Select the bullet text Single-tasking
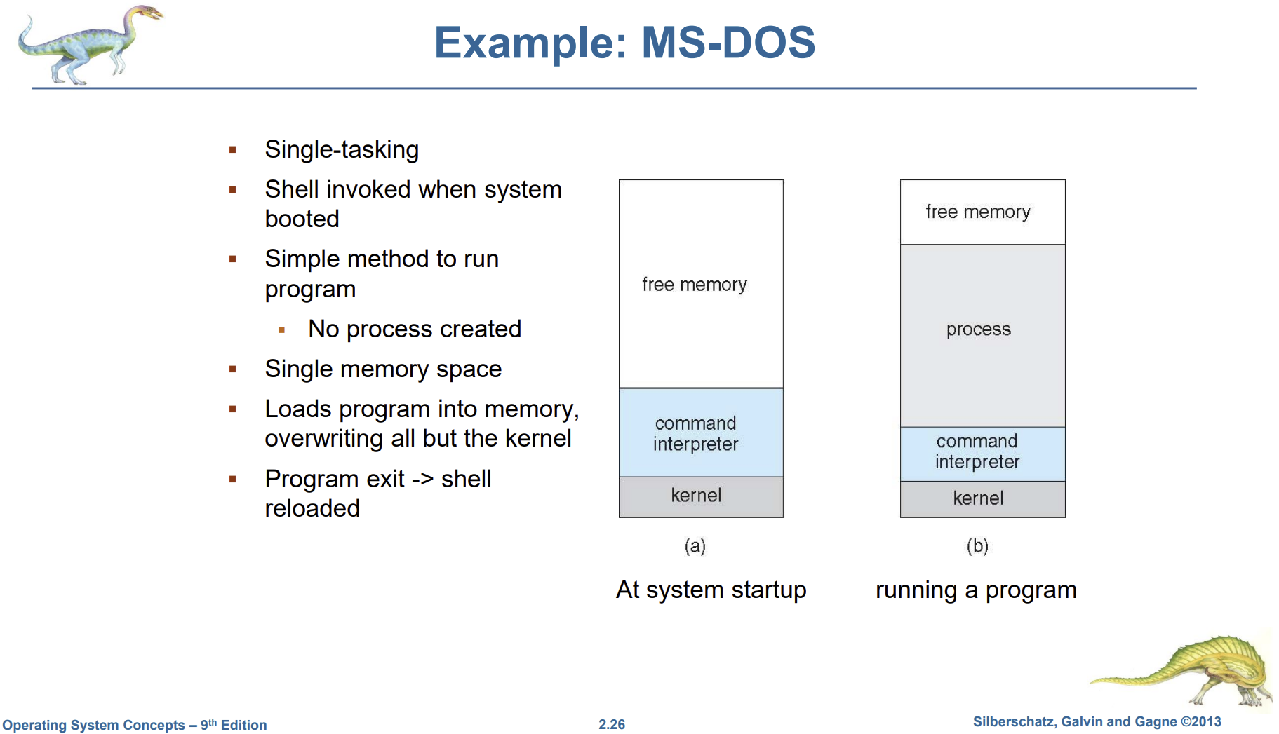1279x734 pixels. point(342,149)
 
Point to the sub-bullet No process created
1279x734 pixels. point(414,329)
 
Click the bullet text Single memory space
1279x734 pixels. point(383,369)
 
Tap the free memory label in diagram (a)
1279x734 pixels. point(694,285)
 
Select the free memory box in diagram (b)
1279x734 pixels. point(982,212)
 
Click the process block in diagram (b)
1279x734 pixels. point(982,329)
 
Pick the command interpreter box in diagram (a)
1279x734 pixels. point(700,433)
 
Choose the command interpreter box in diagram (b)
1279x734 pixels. point(982,452)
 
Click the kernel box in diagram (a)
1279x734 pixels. point(700,496)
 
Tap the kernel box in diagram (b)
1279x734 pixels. point(982,498)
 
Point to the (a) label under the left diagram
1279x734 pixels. point(695,545)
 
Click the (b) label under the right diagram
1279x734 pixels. point(977,545)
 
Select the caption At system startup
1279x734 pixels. point(711,590)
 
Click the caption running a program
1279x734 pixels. point(976,590)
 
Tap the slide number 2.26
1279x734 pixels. point(612,724)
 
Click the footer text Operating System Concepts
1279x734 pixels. point(93,725)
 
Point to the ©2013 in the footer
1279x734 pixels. point(1201,721)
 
